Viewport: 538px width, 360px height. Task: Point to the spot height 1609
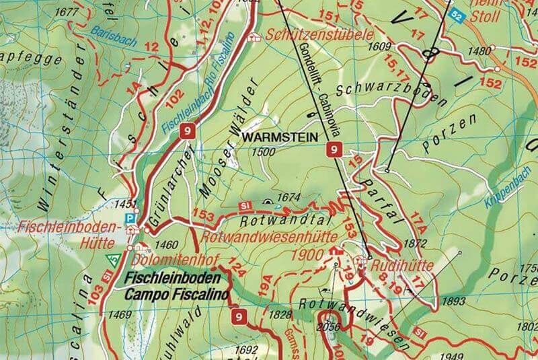(x=380, y=46)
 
